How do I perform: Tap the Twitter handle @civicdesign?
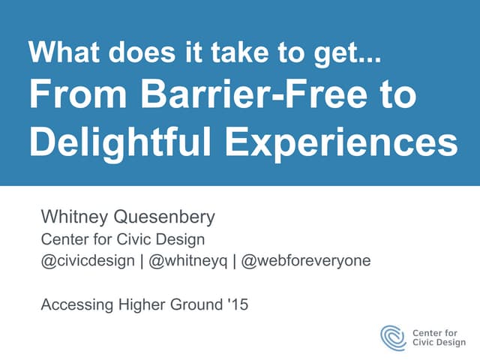click(x=88, y=261)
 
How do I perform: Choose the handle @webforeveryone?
click(x=307, y=261)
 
